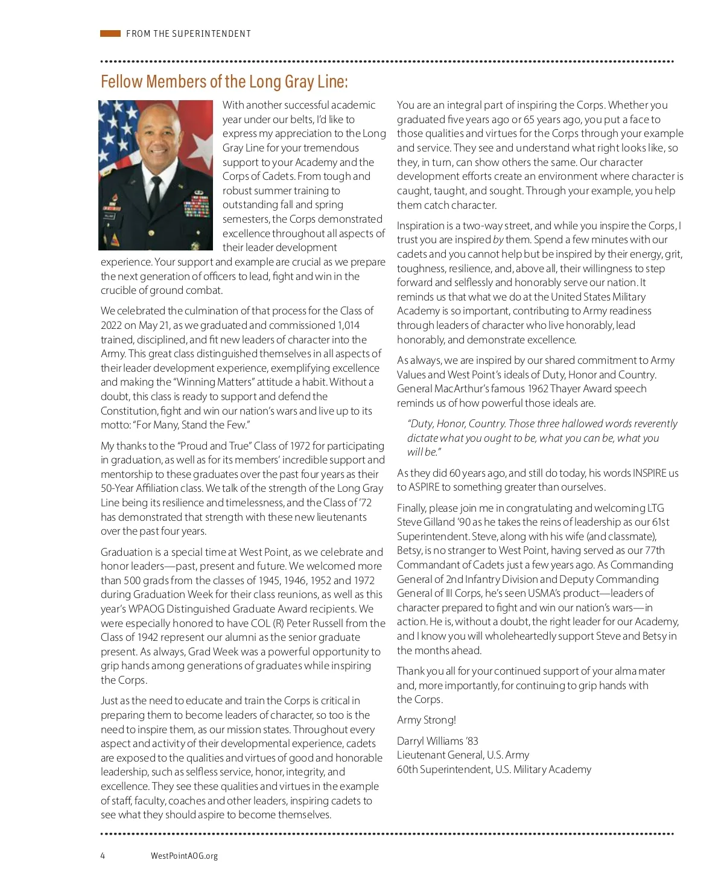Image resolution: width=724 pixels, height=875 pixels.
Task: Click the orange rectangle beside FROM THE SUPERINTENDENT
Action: [x=110, y=34]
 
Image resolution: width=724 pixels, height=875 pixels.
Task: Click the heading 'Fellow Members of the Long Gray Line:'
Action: [x=224, y=81]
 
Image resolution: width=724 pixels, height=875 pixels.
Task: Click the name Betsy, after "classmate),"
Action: [x=410, y=550]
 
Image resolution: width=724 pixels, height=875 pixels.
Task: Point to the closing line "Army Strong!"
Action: [x=426, y=720]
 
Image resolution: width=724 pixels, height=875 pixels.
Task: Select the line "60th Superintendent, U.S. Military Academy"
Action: [x=494, y=769]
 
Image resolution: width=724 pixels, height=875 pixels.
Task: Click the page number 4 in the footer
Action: [x=103, y=856]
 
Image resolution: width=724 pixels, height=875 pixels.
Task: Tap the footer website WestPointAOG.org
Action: [x=184, y=856]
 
